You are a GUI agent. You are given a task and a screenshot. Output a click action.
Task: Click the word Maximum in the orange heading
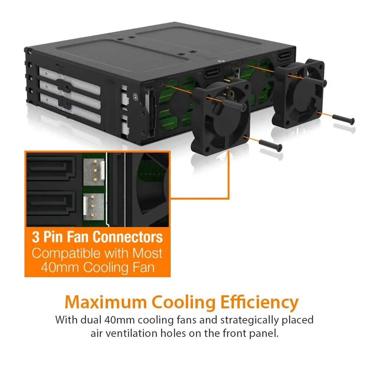click(x=106, y=302)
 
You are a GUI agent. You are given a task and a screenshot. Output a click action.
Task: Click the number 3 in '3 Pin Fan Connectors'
click(x=36, y=237)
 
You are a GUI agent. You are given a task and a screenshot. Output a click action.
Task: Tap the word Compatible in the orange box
click(x=66, y=254)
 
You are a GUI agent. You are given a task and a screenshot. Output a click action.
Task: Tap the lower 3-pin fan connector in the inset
click(x=93, y=207)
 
